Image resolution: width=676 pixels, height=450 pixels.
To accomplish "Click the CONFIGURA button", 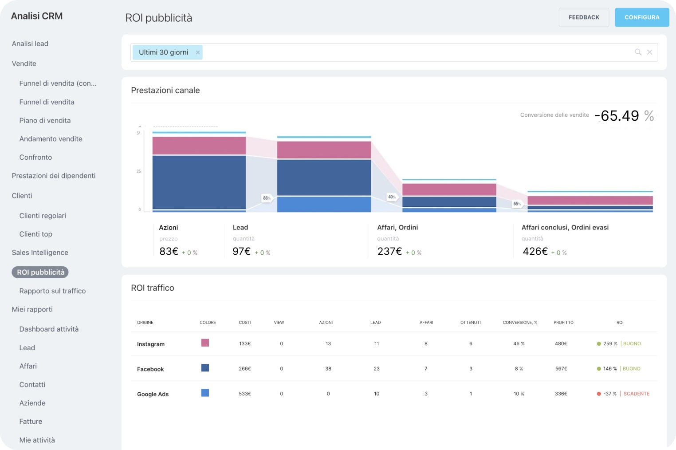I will [x=641, y=17].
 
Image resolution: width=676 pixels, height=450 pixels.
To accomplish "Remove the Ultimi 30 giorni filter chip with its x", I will [x=198, y=52].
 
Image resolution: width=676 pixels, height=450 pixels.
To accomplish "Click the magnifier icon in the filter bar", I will [x=638, y=52].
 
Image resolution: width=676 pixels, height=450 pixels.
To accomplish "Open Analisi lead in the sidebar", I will [x=30, y=43].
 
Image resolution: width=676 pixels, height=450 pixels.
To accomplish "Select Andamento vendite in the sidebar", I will [x=51, y=139].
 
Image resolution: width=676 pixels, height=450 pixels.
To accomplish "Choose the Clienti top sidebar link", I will [x=35, y=234].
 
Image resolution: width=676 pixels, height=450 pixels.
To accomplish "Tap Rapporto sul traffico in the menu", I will [x=52, y=291].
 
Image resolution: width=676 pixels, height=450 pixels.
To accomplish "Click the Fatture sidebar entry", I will [x=31, y=421].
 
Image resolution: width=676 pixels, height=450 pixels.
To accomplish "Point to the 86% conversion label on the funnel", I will [x=267, y=198].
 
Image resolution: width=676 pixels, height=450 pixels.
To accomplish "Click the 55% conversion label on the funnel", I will [x=517, y=204].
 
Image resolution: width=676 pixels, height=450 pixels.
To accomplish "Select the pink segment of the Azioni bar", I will [x=199, y=146].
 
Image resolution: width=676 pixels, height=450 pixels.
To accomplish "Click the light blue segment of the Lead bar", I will [x=324, y=204].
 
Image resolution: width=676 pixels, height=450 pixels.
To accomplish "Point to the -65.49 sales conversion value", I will [x=617, y=116].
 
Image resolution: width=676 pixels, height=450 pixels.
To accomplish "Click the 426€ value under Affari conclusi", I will [x=535, y=252].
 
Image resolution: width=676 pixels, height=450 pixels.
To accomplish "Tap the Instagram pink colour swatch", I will [x=205, y=343].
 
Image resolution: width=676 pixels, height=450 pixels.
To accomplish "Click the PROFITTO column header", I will [x=563, y=323].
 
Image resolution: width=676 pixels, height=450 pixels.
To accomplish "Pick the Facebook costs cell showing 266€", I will [x=245, y=369].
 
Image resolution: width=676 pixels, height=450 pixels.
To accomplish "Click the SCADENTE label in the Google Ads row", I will [x=636, y=394].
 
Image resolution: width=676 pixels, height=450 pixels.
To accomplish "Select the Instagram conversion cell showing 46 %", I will [x=519, y=344].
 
